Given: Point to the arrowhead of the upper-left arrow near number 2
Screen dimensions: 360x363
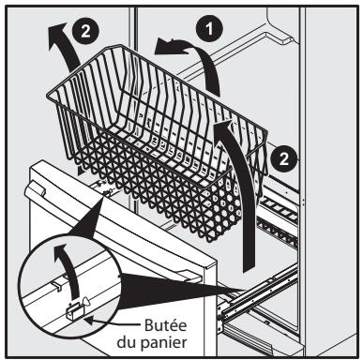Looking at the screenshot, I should tap(54, 38).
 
